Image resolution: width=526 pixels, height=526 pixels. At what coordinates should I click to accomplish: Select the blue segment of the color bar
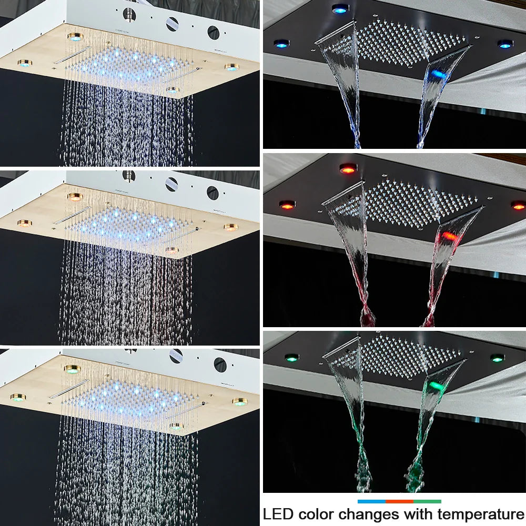coord(371,501)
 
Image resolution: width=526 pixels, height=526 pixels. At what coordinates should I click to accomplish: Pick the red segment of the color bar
coord(399,501)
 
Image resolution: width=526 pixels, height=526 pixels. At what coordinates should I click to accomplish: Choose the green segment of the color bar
coord(427,501)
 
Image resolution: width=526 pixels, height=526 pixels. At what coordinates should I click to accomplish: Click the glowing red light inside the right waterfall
coord(448,235)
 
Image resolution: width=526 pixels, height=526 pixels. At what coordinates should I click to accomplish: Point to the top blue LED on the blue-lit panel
coord(340,8)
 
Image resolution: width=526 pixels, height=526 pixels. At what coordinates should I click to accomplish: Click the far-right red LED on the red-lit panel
coord(518,205)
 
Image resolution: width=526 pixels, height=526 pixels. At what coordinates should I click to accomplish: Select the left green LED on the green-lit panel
coord(291,358)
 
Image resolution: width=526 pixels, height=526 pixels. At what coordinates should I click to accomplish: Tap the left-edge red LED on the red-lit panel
coord(287,204)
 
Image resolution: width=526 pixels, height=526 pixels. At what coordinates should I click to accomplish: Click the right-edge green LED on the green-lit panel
coord(497,358)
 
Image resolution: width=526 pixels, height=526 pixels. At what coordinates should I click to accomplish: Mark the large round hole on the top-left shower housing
coord(213,32)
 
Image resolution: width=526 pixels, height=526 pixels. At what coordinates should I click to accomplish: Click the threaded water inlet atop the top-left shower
coord(129,14)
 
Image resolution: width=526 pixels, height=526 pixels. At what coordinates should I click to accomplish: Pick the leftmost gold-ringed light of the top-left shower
coord(24,63)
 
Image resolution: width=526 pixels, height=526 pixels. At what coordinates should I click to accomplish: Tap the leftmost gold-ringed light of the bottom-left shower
coord(17,398)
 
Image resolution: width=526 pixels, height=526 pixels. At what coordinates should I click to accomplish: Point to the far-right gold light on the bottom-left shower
coord(240,402)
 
